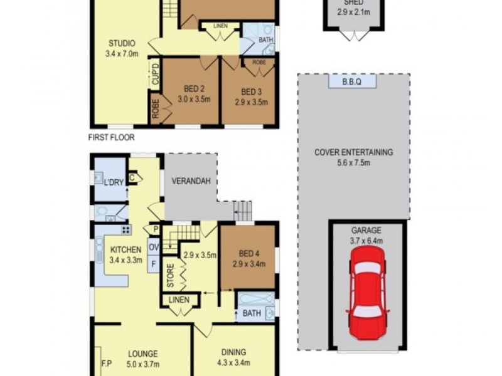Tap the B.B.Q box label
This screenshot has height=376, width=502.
pos(352,81)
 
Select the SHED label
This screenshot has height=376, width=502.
pos(353,4)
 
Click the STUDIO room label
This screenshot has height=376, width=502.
pos(121,43)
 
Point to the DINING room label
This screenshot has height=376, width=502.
pos(233,352)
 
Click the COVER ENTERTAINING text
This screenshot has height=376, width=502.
pos(354,152)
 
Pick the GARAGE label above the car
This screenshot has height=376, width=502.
pos(367,230)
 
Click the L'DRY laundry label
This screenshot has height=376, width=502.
pos(114,182)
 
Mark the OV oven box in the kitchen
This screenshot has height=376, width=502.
pos(153,247)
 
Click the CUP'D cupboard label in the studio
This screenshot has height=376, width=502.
pos(154,75)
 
